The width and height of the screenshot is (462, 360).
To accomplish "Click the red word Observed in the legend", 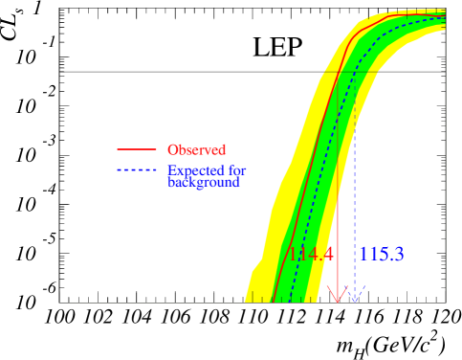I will click(196, 149).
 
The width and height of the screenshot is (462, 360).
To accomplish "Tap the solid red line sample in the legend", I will click(136, 149).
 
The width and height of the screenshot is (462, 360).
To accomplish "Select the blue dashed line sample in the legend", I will click(136, 171).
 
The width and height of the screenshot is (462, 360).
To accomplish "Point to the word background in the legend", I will click(203, 182).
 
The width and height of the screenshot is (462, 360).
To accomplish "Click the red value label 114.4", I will click(311, 255).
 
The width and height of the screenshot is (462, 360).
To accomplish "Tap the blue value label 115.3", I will click(382, 255).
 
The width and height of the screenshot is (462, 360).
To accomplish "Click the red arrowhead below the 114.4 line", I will click(337, 297).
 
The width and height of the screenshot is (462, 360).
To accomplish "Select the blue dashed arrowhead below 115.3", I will click(355, 297).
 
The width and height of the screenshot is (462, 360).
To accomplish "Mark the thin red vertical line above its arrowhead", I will click(337, 191).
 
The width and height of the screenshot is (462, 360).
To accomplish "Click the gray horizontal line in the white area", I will click(411, 72).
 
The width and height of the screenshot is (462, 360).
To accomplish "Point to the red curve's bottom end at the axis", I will click(274, 303).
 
